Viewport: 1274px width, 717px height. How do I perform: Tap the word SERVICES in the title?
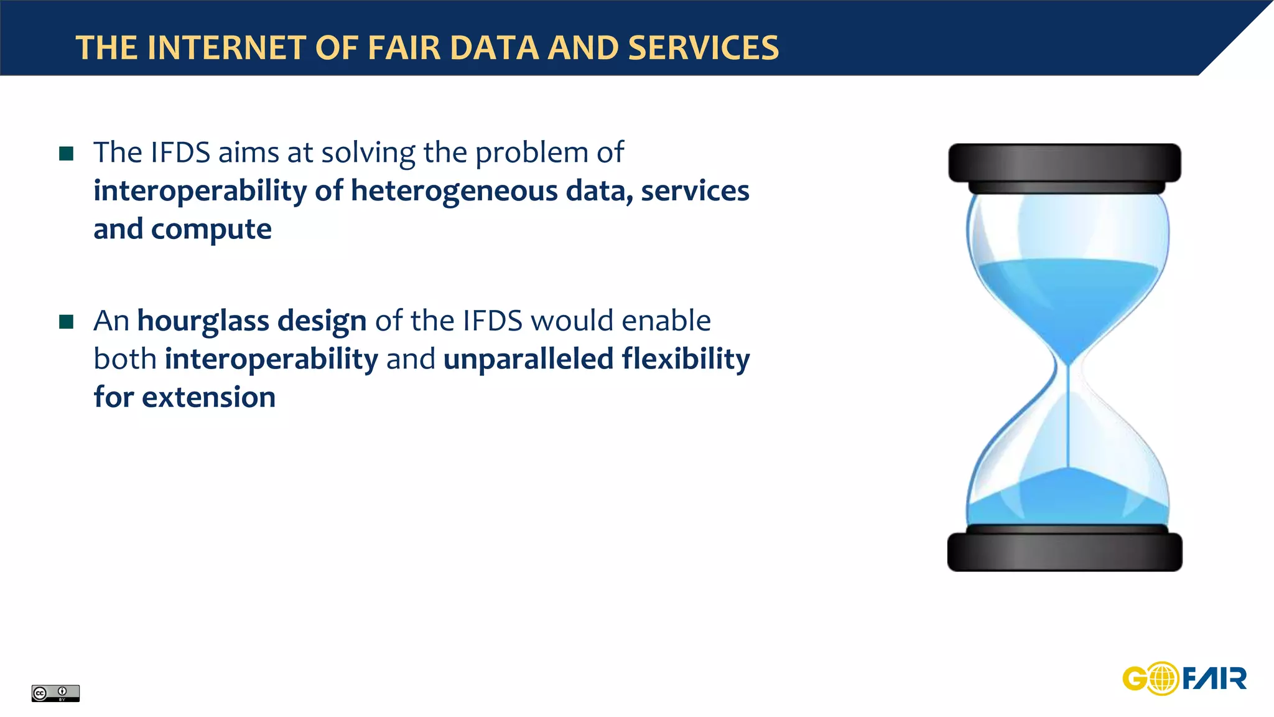point(703,48)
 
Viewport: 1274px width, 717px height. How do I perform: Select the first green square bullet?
point(67,153)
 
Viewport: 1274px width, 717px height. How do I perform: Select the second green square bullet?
point(67,322)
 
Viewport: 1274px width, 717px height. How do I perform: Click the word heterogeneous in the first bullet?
point(454,191)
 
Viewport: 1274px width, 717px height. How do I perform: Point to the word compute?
point(211,230)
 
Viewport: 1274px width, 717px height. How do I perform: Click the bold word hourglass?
point(203,321)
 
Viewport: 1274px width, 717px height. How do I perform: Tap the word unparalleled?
point(528,359)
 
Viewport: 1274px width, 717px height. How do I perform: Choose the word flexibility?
point(686,359)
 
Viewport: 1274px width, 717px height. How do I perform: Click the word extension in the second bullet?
point(208,397)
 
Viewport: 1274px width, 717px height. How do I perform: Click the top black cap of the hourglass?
point(1064,163)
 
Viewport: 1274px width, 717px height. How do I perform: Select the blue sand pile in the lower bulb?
point(1067,498)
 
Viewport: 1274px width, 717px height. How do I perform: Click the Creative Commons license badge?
point(55,693)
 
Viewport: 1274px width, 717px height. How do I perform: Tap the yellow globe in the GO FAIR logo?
point(1161,678)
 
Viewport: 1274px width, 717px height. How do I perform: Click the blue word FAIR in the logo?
point(1214,678)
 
